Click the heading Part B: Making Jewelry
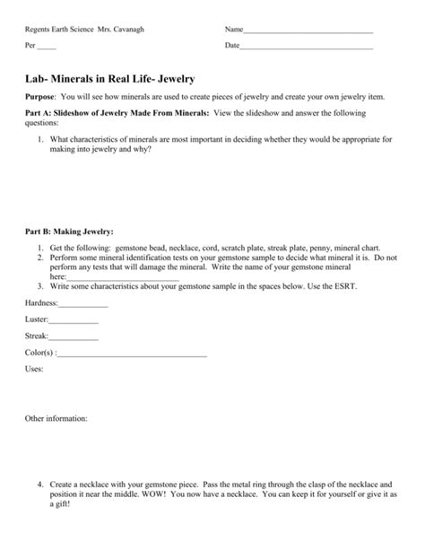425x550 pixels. [x=69, y=231]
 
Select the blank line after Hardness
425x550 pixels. [x=83, y=306]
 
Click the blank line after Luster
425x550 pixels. [x=74, y=322]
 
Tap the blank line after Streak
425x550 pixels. [x=74, y=338]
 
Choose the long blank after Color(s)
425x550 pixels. [x=131, y=354]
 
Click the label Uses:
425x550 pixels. [x=34, y=368]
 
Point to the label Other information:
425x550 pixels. [x=56, y=418]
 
